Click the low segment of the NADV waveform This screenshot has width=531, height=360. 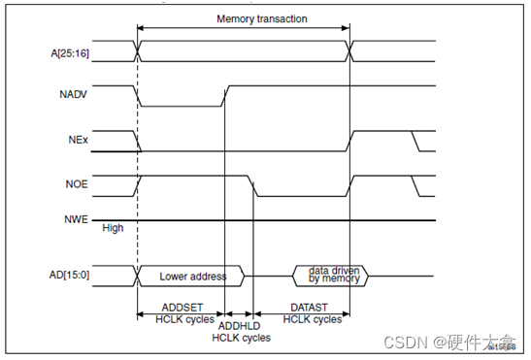coord(181,106)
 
